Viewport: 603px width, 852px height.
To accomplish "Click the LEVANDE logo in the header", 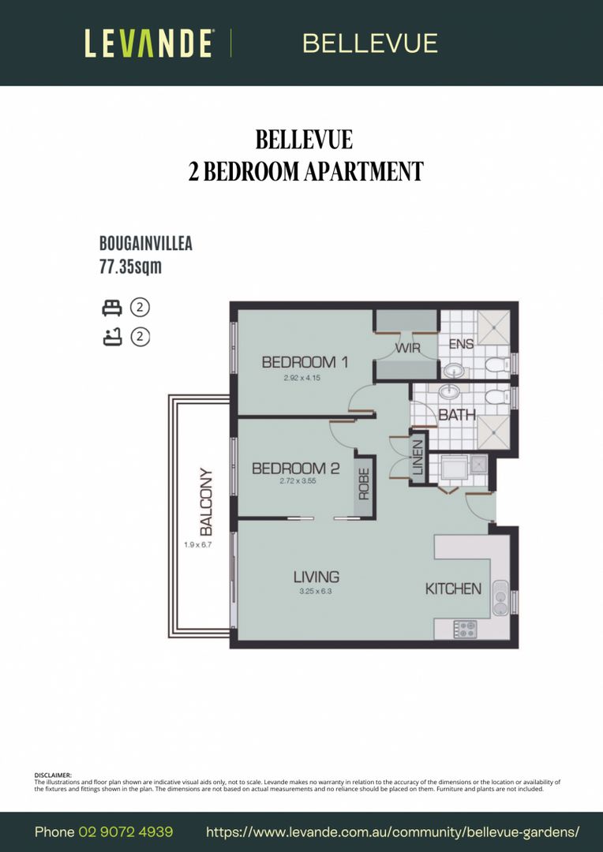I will coord(148,43).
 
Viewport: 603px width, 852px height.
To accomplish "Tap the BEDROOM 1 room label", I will coord(305,362).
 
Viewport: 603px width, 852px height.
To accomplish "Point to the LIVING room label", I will coord(316,577).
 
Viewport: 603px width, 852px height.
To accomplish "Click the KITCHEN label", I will coord(453,589).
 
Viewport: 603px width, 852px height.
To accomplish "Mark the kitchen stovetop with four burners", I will coord(463,629).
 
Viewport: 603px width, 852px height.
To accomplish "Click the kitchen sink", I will coord(500,598).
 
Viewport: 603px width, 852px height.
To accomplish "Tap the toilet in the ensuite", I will coord(496,364).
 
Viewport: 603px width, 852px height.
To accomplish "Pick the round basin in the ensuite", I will coord(453,369).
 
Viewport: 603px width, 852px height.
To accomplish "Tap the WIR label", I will coord(408,348).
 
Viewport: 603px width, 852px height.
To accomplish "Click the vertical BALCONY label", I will coord(206,503).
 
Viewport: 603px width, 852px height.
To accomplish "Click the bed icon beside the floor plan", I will coord(110,308).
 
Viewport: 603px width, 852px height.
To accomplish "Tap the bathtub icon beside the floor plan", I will coord(110,338).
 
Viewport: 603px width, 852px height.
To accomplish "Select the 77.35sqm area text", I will coord(130,267).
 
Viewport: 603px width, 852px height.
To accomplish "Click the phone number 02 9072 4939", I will coord(125,831).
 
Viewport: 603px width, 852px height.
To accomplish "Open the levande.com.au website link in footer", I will coord(392,831).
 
